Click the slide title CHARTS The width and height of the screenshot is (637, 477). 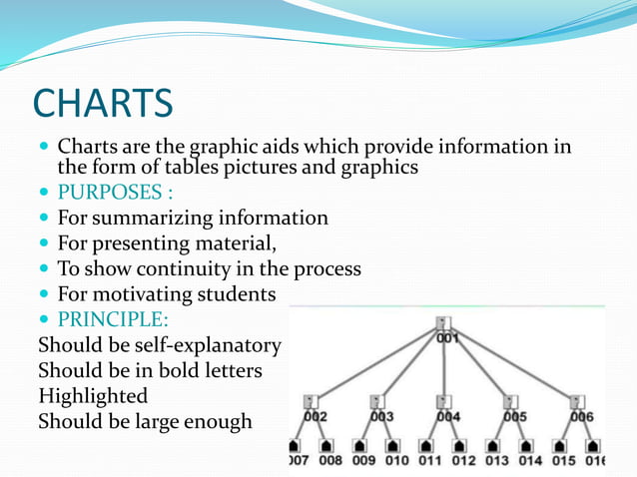click(x=103, y=102)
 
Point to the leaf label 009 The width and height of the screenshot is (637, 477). click(x=363, y=460)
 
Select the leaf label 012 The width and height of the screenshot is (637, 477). click(x=463, y=460)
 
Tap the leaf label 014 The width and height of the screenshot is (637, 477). click(x=529, y=460)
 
